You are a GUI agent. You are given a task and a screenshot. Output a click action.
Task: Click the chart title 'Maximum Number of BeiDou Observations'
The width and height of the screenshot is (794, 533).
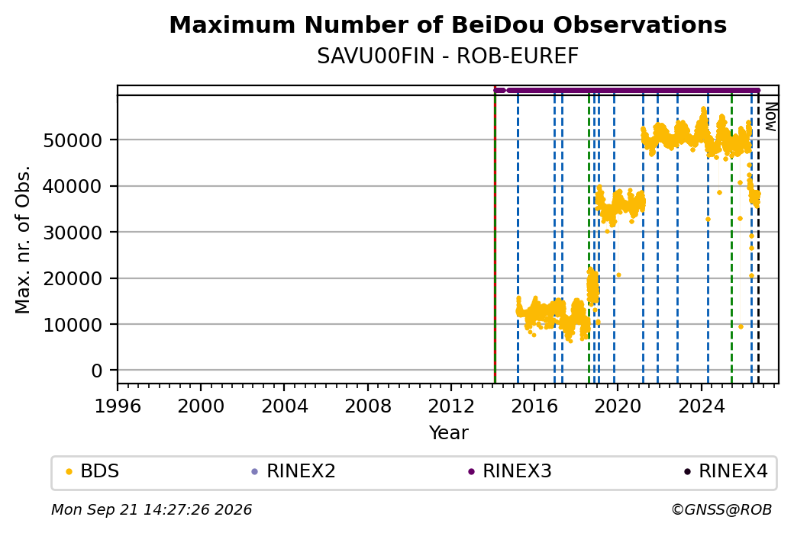447,24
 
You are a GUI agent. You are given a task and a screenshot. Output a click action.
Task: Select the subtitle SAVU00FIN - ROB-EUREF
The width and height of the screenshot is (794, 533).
447,56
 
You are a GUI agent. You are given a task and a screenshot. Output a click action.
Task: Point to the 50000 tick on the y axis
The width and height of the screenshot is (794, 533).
73,140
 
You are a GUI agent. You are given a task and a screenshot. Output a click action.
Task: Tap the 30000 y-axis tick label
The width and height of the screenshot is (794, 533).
73,233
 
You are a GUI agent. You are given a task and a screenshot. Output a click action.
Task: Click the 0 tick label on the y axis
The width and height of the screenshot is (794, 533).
97,371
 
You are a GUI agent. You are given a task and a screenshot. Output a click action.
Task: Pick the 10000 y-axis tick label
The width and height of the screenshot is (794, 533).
73,325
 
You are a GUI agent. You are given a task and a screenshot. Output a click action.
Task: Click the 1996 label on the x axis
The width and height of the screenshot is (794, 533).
118,406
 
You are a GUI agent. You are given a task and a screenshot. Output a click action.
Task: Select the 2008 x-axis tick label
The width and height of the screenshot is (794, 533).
368,406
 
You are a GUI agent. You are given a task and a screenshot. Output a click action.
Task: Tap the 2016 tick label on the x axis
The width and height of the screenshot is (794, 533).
534,406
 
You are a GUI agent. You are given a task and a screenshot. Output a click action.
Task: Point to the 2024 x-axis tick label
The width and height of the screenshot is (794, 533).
701,406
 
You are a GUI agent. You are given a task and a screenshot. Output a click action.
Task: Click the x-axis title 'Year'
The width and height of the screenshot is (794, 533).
449,433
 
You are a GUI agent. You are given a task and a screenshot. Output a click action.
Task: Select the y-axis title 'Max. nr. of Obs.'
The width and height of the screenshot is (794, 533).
23,239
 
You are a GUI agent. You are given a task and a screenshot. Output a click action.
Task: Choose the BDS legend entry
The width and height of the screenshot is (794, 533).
93,471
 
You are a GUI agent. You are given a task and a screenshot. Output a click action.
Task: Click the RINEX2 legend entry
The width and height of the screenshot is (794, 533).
294,471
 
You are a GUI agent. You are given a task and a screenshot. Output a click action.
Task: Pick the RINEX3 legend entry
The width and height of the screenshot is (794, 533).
510,471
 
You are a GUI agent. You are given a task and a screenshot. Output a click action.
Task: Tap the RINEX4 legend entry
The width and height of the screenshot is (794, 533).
725,471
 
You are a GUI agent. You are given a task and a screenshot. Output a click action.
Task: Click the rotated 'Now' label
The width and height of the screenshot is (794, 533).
770,117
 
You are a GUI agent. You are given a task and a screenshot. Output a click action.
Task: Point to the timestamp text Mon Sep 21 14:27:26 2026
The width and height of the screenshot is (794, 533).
151,509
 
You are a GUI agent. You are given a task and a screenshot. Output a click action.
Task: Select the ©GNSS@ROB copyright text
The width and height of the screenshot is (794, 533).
721,509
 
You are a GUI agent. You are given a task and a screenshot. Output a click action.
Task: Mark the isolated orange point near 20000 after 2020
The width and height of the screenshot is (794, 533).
619,275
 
